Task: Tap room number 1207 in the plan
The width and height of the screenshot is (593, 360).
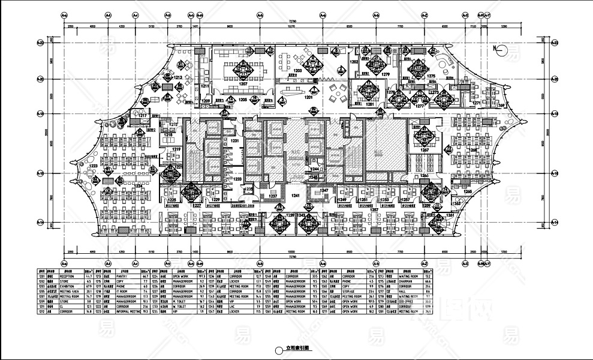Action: point(243,85)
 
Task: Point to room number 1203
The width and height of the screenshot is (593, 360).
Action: point(297,71)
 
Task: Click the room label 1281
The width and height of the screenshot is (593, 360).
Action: point(370,104)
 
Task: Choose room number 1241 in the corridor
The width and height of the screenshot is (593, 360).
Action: point(296,196)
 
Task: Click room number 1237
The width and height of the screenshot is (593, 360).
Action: point(273,196)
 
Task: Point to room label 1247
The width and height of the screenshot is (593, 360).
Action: point(325,190)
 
